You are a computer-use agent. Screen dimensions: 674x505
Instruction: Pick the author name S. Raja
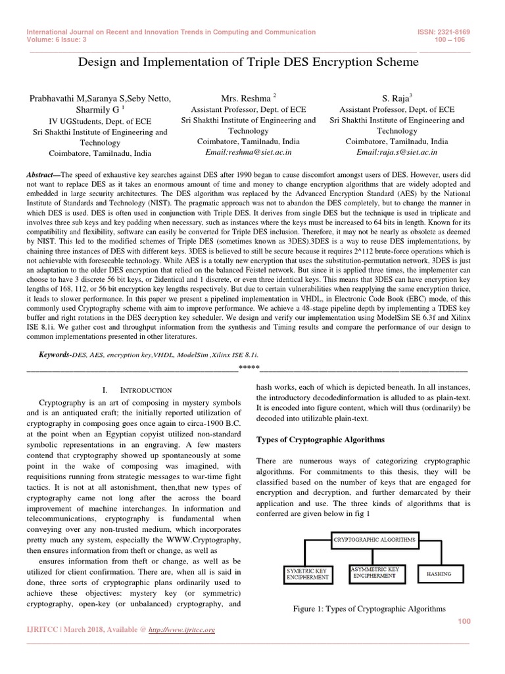pyautogui.click(x=395, y=98)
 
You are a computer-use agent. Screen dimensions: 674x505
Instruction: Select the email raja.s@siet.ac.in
pyautogui.click(x=397, y=151)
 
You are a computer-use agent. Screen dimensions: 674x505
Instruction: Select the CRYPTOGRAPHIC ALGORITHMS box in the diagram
pyautogui.click(x=375, y=539)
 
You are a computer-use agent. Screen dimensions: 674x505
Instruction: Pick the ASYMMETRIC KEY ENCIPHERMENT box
pyautogui.click(x=375, y=571)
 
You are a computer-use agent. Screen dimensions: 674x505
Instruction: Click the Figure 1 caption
pyautogui.click(x=369, y=609)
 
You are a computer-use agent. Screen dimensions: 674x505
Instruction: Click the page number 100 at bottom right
pyautogui.click(x=463, y=621)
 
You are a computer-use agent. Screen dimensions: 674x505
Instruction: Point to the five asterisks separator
pyautogui.click(x=249, y=366)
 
